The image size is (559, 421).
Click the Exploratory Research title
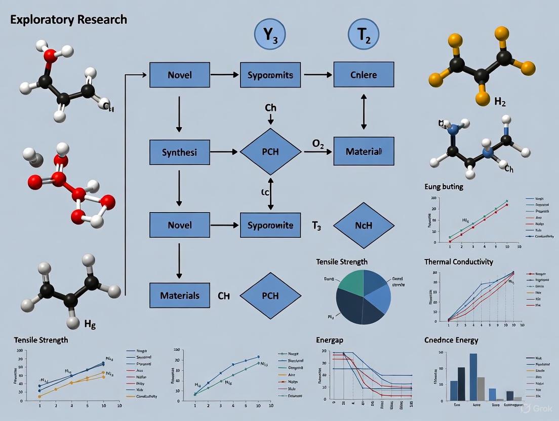(x=68, y=20)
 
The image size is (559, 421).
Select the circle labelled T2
(x=364, y=37)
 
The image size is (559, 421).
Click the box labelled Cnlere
(x=364, y=75)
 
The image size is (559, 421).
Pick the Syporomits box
(x=270, y=75)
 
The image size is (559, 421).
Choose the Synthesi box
(x=180, y=151)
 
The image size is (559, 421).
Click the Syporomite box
(x=270, y=225)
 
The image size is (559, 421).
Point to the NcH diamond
(x=364, y=225)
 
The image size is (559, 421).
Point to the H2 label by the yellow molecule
(x=500, y=101)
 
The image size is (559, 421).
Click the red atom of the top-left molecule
(x=51, y=56)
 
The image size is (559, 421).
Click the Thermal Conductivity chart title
(x=458, y=262)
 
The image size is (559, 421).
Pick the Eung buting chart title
(x=444, y=187)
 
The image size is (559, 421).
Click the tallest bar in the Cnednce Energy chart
(x=473, y=376)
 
